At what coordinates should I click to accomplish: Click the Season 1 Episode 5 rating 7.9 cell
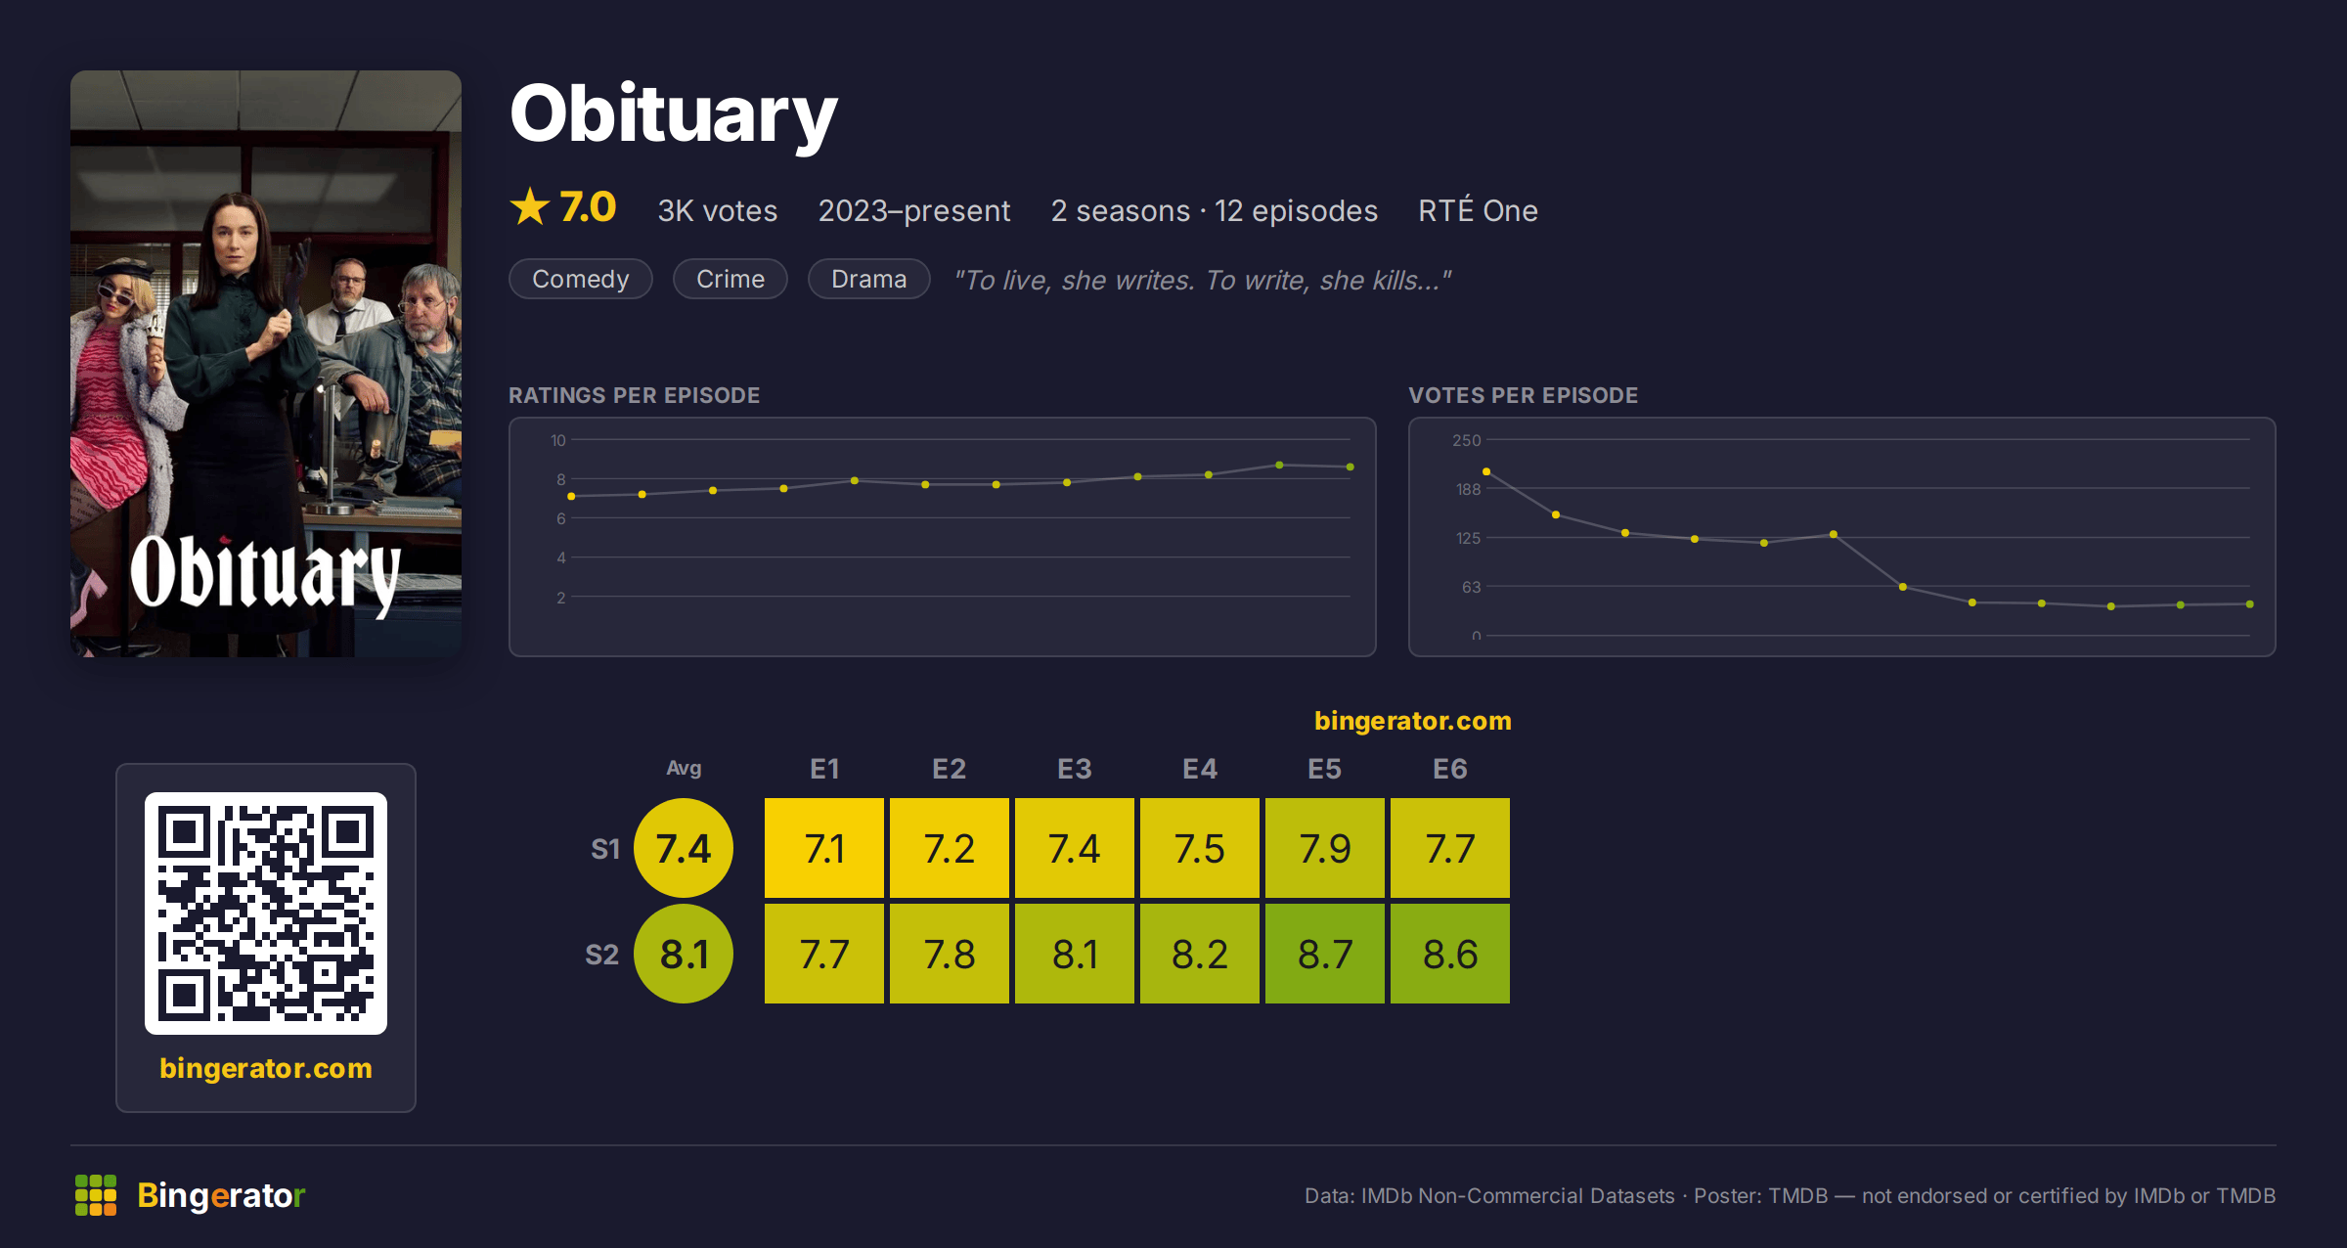tap(1325, 848)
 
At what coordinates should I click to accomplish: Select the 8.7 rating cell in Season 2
tap(1325, 954)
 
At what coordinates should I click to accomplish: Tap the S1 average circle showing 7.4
tap(684, 848)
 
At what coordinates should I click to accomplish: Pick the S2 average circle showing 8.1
tap(684, 954)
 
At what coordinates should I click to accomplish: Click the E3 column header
tap(1074, 769)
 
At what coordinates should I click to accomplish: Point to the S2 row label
tap(602, 955)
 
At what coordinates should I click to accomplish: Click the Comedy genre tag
tap(581, 279)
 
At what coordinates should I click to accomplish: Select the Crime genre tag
tap(731, 279)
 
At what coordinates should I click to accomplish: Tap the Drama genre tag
tap(869, 279)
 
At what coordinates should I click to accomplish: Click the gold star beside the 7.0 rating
tap(530, 206)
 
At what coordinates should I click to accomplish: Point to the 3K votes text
tap(718, 210)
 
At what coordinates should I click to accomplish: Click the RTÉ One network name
tap(1478, 209)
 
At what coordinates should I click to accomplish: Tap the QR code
tap(266, 914)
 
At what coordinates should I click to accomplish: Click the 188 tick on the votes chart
tap(1468, 489)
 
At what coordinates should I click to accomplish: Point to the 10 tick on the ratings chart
tap(557, 440)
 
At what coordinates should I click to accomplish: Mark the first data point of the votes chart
tap(1486, 471)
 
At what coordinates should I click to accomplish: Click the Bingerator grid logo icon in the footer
tap(96, 1195)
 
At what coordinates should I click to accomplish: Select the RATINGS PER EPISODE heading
tap(635, 395)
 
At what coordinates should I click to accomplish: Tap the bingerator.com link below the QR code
tap(266, 1068)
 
